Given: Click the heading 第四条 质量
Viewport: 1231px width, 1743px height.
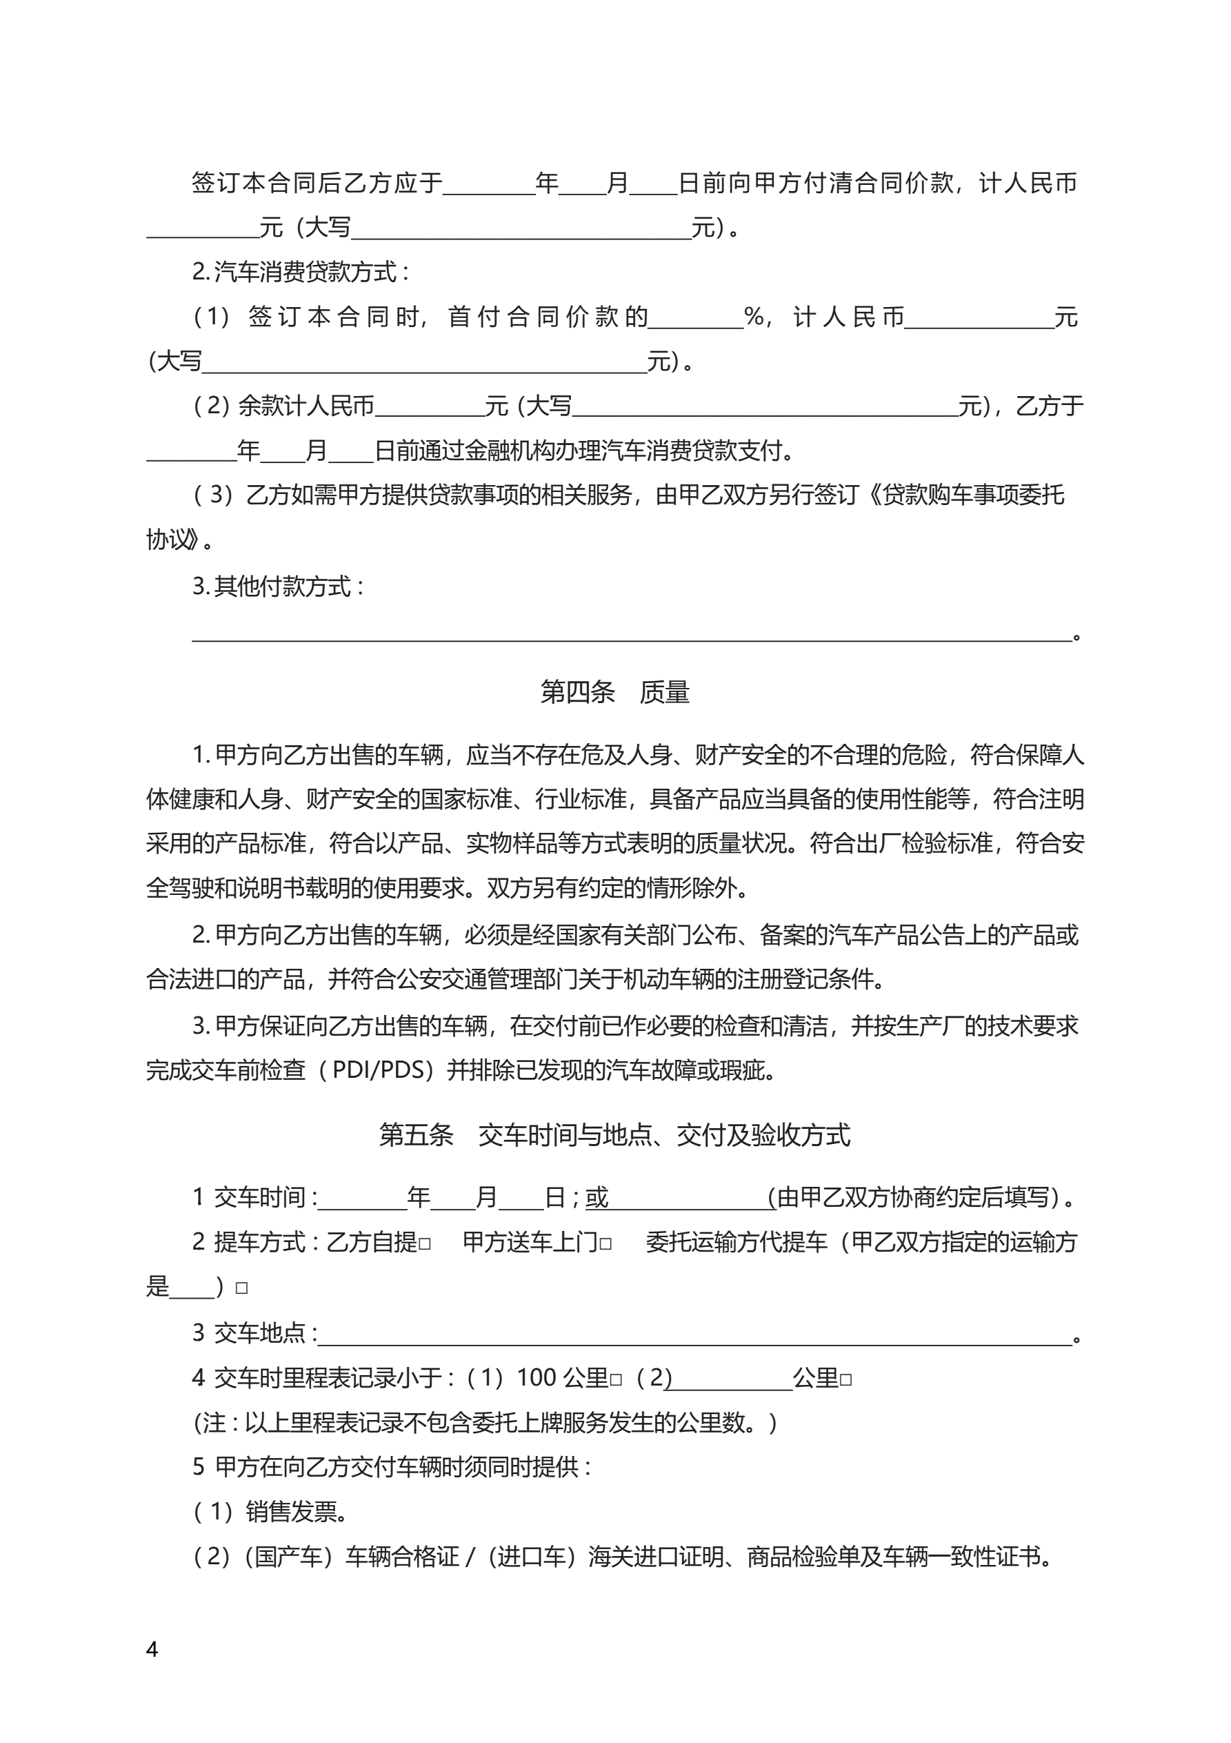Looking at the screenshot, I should point(614,691).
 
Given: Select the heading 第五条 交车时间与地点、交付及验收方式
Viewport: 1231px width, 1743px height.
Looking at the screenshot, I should point(614,1135).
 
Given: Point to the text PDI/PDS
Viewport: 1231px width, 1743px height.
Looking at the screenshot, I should point(379,1070).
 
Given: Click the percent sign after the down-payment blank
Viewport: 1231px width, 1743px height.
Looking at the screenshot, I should point(754,317).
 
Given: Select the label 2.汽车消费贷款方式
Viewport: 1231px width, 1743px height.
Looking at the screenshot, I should point(301,272).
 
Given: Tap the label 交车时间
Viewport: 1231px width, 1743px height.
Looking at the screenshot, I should point(259,1197).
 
